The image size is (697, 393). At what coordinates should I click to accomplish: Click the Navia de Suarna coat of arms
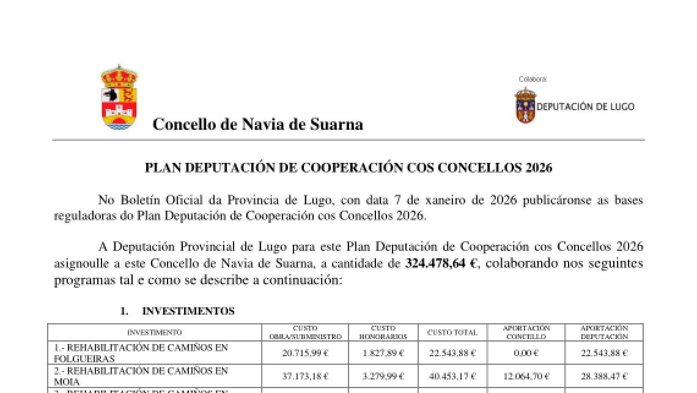(x=119, y=98)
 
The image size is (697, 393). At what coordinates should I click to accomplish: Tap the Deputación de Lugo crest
(x=525, y=105)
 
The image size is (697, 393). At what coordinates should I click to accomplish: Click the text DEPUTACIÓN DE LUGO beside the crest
(x=585, y=107)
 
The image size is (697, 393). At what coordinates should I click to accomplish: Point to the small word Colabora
(x=533, y=79)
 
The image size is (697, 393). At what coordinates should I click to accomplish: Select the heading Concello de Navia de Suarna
(x=257, y=124)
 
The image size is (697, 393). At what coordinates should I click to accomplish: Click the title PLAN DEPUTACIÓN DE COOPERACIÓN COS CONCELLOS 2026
(x=348, y=168)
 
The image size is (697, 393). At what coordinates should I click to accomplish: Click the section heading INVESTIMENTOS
(x=188, y=312)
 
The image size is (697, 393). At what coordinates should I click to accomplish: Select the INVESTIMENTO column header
(x=154, y=332)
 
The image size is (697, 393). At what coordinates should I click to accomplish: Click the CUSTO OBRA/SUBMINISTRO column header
(x=305, y=332)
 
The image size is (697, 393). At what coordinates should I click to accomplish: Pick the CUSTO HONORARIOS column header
(x=383, y=332)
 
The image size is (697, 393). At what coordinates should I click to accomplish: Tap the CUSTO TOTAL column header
(x=452, y=332)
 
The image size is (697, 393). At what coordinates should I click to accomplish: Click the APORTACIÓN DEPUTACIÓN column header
(x=603, y=332)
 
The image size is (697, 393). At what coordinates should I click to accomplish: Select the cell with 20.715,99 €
(x=305, y=353)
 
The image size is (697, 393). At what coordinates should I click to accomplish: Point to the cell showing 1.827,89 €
(x=383, y=353)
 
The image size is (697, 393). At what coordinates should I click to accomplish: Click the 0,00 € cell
(x=526, y=353)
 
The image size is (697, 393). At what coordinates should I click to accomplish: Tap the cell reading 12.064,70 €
(x=526, y=376)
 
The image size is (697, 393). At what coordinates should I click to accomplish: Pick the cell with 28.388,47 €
(x=603, y=376)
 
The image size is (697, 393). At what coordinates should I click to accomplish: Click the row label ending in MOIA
(x=141, y=376)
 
